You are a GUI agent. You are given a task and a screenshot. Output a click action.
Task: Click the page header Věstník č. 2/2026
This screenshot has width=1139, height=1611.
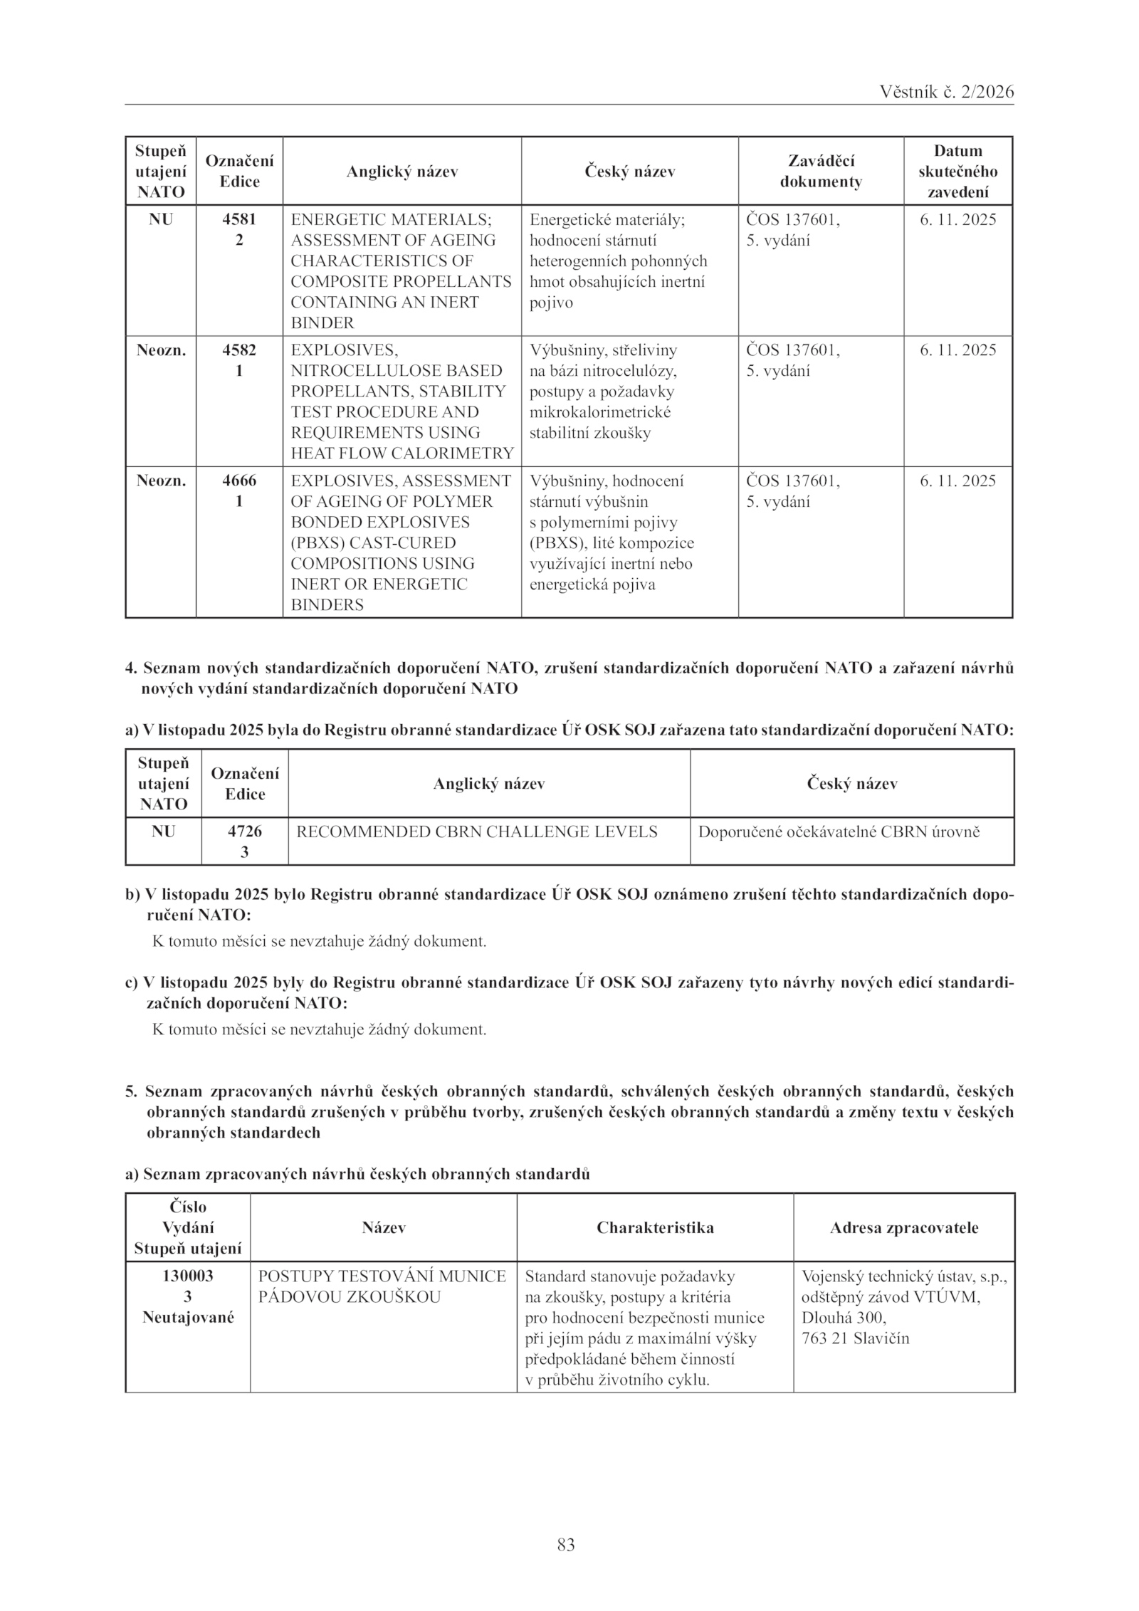946,92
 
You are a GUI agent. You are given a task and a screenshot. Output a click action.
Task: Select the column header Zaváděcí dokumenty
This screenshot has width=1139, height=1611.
821,172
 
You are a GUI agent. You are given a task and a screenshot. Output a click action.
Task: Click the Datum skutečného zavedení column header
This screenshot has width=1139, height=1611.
957,172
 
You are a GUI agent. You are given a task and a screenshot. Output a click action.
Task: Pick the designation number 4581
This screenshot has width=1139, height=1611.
239,220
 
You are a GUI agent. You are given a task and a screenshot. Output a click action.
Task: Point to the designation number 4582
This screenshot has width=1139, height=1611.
239,350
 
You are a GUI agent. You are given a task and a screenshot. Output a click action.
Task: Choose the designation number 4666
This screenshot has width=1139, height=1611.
239,481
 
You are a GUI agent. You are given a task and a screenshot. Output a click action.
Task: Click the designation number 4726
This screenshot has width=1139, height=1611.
245,831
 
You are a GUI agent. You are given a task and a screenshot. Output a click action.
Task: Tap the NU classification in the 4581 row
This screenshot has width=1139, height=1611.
161,220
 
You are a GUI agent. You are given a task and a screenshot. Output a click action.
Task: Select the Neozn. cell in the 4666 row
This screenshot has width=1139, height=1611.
161,481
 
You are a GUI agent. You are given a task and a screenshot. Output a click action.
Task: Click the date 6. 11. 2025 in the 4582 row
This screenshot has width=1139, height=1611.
957,350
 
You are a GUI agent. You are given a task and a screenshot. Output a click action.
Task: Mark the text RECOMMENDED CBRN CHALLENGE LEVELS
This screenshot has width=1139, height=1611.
476,831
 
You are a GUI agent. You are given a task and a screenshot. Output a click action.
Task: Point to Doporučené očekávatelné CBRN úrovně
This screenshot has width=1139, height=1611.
839,831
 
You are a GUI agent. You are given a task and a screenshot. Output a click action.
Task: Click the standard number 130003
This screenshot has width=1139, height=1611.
188,1276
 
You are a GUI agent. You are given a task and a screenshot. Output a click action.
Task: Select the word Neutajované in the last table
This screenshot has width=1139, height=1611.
188,1318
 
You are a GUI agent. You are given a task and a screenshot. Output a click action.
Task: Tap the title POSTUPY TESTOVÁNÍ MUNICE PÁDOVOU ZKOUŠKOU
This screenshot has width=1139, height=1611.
382,1286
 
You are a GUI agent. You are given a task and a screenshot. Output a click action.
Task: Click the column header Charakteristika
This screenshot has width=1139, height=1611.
655,1228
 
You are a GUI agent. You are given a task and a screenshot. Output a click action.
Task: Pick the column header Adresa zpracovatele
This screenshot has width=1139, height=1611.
904,1228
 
